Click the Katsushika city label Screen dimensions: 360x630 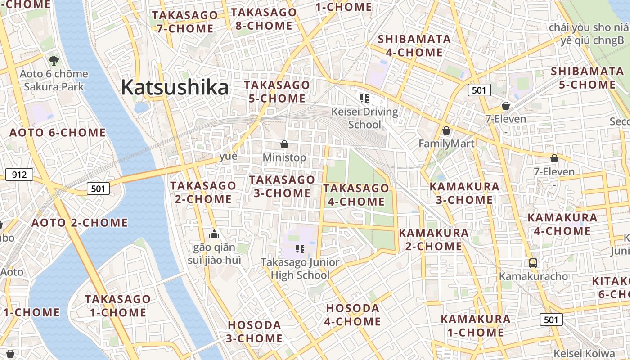175,87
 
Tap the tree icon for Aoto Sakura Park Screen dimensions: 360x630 54,60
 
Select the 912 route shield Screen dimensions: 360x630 19,175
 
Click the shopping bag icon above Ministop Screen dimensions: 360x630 284,144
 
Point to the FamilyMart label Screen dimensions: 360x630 446,144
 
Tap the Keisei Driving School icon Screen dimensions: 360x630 364,98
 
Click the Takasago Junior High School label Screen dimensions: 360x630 301,268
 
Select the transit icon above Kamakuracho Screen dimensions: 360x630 533,263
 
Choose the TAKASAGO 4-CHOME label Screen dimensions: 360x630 356,195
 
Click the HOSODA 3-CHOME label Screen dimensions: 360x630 255,332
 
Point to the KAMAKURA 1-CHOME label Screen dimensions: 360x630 476,326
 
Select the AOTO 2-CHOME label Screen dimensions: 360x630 80,223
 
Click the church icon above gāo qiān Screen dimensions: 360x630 214,234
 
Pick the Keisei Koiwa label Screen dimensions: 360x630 584,353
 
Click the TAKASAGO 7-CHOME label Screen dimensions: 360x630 185,22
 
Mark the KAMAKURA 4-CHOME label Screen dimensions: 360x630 562,224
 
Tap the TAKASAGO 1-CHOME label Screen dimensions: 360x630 117,306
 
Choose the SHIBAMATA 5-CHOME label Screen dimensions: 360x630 587,78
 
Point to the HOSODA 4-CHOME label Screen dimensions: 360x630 353,315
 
